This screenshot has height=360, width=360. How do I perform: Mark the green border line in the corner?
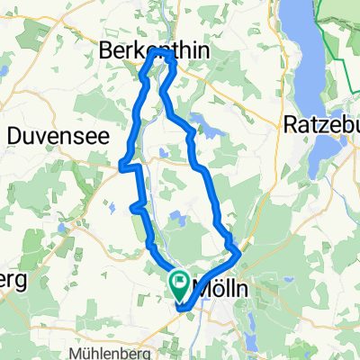pos(346,54)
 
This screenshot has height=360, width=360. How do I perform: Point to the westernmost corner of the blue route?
pos(121,164)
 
